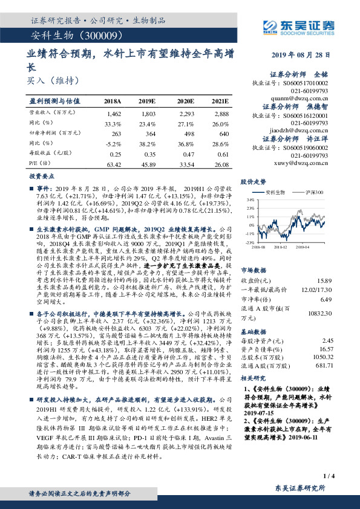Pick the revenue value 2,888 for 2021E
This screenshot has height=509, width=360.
pos(221,114)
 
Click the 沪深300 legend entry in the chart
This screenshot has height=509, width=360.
pos(313,192)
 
